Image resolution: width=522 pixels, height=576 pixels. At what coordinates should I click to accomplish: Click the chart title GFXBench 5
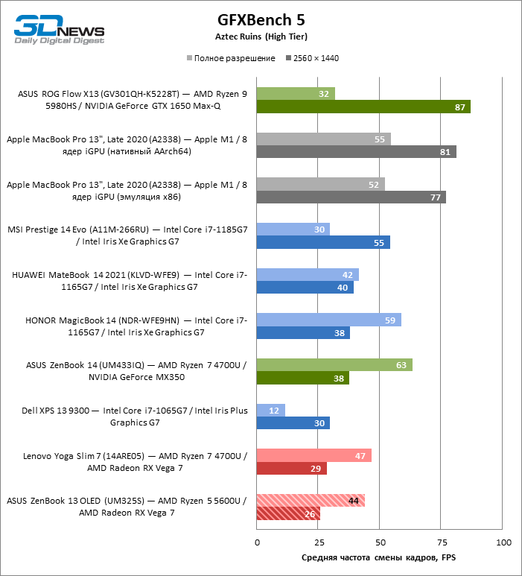pyautogui.click(x=261, y=19)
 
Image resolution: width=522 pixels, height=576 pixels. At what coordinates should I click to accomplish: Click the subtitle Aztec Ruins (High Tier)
pyautogui.click(x=261, y=36)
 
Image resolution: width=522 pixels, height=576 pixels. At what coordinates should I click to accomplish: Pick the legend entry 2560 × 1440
pyautogui.click(x=316, y=58)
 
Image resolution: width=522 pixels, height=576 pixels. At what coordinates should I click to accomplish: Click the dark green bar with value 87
pyautogui.click(x=363, y=107)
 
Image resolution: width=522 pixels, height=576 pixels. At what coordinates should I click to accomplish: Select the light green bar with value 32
pyautogui.click(x=296, y=94)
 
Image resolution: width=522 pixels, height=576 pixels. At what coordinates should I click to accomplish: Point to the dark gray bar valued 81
pyautogui.click(x=356, y=152)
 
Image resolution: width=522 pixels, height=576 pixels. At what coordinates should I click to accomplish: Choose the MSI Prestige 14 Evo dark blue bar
pyautogui.click(x=323, y=243)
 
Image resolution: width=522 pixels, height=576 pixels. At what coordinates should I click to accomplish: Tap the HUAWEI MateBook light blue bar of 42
pyautogui.click(x=308, y=275)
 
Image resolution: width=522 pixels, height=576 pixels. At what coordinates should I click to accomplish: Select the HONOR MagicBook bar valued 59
pyautogui.click(x=328, y=320)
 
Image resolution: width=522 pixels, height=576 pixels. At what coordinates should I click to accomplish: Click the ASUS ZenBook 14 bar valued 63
pyautogui.click(x=334, y=365)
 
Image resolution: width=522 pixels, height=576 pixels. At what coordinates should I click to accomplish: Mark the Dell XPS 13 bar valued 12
pyautogui.click(x=271, y=411)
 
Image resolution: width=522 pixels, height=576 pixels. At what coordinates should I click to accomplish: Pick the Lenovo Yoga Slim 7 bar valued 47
pyautogui.click(x=313, y=456)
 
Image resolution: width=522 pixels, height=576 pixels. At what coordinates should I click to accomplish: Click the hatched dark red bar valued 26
pyautogui.click(x=288, y=513)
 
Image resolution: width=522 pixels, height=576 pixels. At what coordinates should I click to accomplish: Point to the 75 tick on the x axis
pyautogui.click(x=442, y=542)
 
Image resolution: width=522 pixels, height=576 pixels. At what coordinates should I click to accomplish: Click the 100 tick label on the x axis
pyautogui.click(x=503, y=542)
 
